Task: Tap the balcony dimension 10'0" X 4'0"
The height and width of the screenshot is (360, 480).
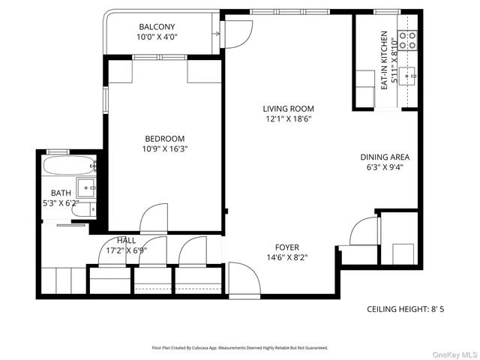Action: [157, 37]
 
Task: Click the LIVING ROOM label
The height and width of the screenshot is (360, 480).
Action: [288, 108]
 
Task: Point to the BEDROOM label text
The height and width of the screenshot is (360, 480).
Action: [165, 138]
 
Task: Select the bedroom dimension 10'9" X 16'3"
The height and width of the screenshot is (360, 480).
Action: [165, 148]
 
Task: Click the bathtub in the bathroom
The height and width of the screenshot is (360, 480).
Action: [70, 166]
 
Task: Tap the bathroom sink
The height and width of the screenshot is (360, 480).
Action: [87, 188]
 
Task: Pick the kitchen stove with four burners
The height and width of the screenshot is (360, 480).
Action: [407, 40]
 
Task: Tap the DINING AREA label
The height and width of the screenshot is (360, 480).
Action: [385, 157]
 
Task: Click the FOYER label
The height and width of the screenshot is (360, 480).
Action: [286, 247]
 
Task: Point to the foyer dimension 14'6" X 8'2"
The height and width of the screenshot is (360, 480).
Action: [286, 258]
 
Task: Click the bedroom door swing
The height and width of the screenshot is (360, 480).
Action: [154, 217]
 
